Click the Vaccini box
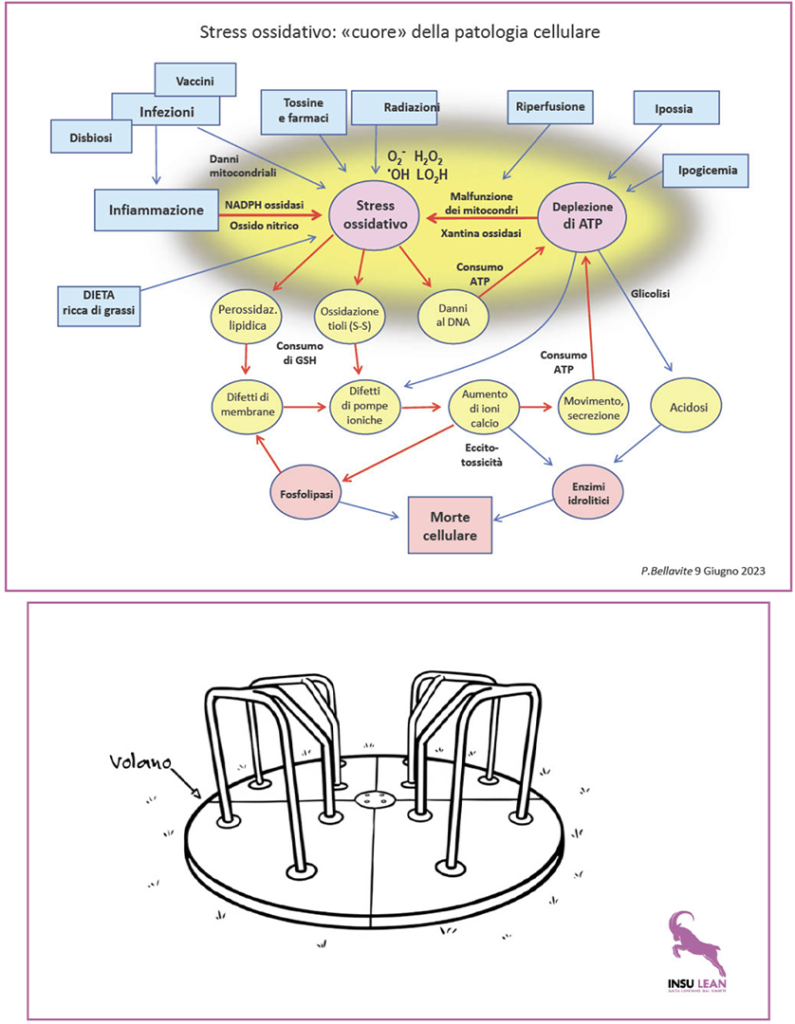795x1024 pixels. coord(194,80)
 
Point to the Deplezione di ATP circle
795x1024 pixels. coord(582,215)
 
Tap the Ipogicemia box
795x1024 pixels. coord(705,170)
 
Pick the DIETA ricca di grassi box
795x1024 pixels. coord(99,301)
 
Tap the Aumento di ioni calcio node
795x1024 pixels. coord(485,408)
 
